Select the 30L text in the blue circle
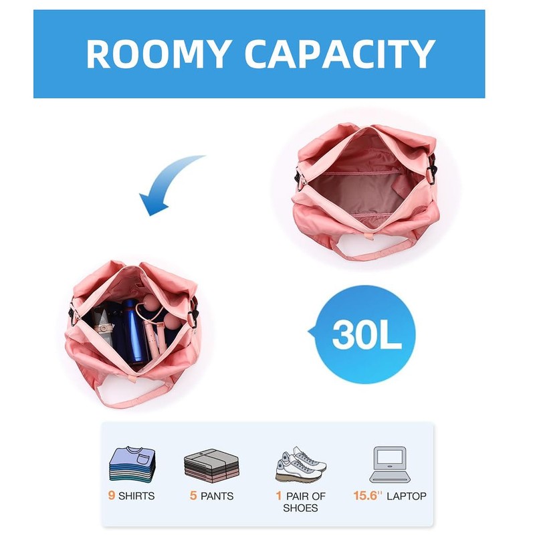click(366, 335)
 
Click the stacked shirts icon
click(132, 463)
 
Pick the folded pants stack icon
click(211, 465)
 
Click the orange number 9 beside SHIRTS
click(112, 496)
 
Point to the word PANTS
click(217, 496)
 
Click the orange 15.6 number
click(367, 496)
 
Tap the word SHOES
click(300, 508)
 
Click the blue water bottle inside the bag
click(136, 334)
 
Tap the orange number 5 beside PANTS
click(193, 496)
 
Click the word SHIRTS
click(136, 496)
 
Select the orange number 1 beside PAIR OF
click(278, 496)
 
